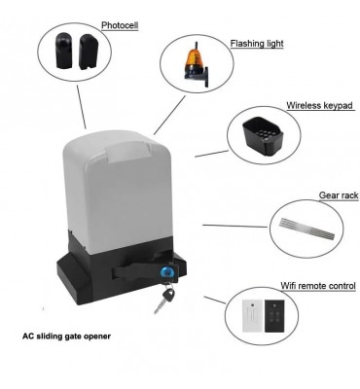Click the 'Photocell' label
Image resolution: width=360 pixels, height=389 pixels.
[x=120, y=25]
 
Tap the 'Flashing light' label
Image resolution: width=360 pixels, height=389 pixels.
[x=257, y=44]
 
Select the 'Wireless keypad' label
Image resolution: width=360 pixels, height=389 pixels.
[x=319, y=105]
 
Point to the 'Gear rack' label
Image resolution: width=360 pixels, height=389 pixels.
[x=339, y=195]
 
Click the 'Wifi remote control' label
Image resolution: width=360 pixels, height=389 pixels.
[x=318, y=286]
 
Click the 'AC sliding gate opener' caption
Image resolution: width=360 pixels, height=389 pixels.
[x=66, y=336]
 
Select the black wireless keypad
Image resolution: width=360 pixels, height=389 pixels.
[x=263, y=135]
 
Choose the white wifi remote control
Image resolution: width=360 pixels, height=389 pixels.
[x=253, y=316]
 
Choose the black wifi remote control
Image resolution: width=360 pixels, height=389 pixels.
[x=274, y=316]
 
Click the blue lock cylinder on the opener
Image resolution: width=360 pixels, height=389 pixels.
[x=166, y=272]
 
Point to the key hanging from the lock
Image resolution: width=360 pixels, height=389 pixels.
[x=164, y=299]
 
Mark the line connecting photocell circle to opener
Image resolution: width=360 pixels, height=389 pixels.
[x=82, y=107]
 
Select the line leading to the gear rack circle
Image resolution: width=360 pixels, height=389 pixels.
[x=235, y=226]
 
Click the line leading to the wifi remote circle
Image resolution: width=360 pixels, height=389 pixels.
[x=215, y=300]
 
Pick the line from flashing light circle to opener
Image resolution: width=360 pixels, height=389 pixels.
[x=169, y=115]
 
